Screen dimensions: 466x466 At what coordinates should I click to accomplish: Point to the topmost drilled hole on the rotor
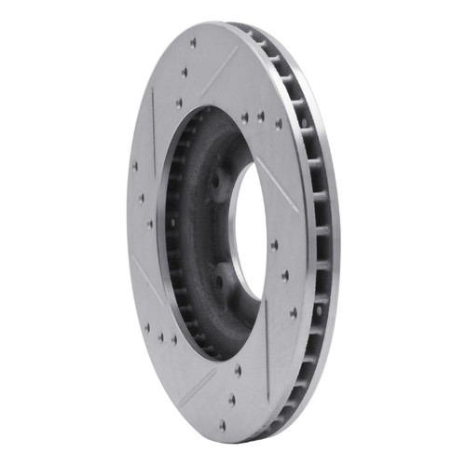click(193, 43)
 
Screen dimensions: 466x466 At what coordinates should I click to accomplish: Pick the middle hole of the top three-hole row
click(184, 72)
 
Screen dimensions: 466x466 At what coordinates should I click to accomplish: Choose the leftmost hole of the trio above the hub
click(244, 117)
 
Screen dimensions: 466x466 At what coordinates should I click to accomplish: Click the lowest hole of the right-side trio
click(294, 313)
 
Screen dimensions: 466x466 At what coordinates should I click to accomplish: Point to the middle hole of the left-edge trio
click(142, 197)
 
